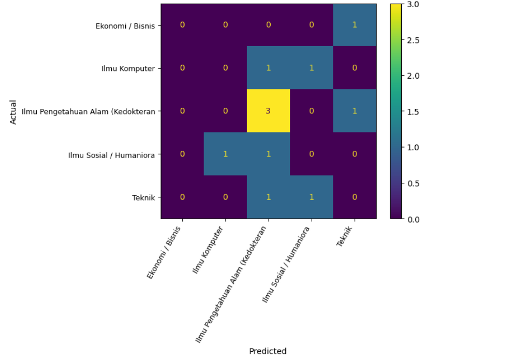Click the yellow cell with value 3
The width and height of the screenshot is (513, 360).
tap(268, 111)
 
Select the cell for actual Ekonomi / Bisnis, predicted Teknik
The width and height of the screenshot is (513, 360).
tap(355, 25)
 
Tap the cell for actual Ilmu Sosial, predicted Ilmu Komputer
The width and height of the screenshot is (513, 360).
tap(225, 154)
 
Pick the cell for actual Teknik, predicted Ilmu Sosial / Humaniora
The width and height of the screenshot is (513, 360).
tap(312, 197)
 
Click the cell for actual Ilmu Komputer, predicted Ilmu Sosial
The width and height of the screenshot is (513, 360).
tap(312, 68)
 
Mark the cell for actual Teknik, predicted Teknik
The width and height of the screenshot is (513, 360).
tap(355, 197)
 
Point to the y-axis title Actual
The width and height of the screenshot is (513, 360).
tap(13, 112)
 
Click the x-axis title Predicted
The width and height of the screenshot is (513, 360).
tap(268, 351)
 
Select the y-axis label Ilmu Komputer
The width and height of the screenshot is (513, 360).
tap(128, 68)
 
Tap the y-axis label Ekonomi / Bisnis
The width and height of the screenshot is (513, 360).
tap(125, 26)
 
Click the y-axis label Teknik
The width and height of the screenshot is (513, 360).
tap(143, 198)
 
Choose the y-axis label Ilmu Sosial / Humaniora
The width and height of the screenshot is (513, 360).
tap(111, 155)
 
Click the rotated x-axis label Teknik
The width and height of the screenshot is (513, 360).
tap(345, 236)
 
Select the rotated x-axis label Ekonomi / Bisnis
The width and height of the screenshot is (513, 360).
tap(164, 252)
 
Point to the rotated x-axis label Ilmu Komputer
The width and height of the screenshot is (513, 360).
tap(208, 250)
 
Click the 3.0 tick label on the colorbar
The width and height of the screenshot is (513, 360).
tap(413, 4)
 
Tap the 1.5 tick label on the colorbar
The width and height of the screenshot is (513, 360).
tap(413, 111)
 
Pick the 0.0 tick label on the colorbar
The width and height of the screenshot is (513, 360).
tap(413, 219)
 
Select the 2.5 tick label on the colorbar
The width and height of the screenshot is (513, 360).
tap(413, 40)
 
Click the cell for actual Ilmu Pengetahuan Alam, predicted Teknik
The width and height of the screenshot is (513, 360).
tap(355, 111)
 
